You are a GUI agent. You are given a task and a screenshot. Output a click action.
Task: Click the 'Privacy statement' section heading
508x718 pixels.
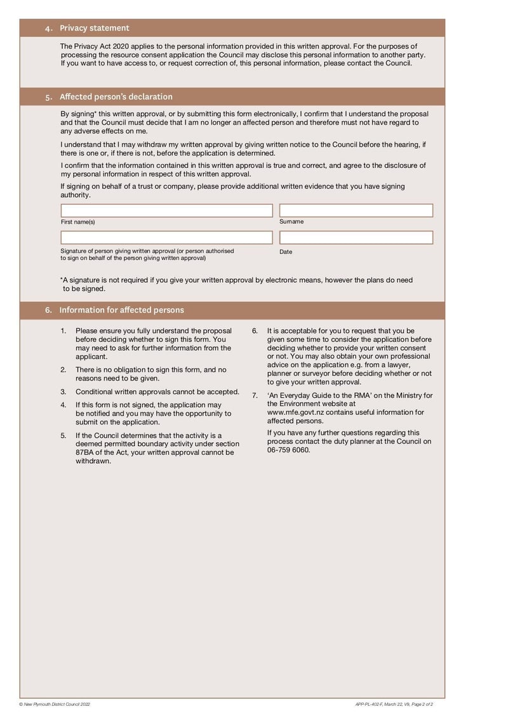point(94,28)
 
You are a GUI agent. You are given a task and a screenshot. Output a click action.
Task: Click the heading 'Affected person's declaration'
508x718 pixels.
point(116,97)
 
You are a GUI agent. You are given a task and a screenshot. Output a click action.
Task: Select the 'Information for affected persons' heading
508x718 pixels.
point(121,310)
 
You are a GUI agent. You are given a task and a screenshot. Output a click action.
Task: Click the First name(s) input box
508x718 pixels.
point(166,210)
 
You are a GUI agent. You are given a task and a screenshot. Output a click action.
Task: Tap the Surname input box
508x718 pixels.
point(356,210)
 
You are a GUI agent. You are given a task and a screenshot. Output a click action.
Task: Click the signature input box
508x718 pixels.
point(166,238)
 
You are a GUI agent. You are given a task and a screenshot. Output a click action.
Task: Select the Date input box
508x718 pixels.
point(356,238)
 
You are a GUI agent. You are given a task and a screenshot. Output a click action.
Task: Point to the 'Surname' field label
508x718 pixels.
point(291,222)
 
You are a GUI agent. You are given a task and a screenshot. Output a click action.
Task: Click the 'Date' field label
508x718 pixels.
point(286,252)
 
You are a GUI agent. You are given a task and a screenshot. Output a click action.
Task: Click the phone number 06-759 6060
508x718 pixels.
point(288,450)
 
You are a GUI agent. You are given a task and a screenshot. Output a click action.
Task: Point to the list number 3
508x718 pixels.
point(63,392)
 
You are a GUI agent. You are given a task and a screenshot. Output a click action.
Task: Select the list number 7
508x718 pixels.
point(255,395)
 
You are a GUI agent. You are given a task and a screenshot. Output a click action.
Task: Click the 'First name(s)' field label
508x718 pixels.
point(77,222)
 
